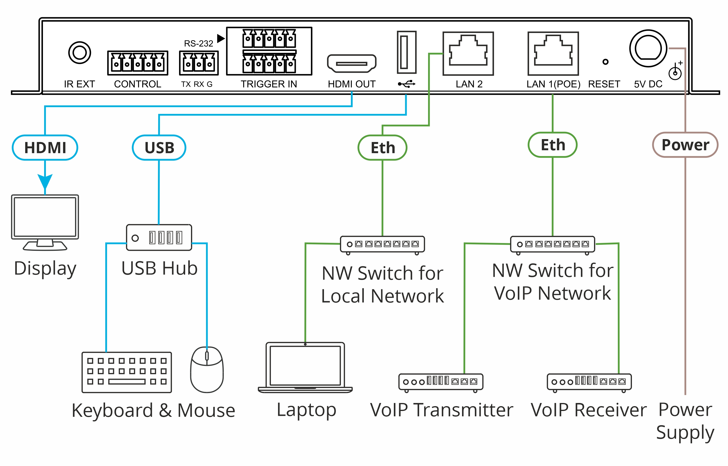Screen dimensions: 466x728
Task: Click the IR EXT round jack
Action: pos(79,53)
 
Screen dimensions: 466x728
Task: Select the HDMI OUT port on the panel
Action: pos(351,63)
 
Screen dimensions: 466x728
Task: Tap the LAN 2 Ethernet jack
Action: pos(468,54)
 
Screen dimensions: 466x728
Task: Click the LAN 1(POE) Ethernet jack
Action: pos(553,54)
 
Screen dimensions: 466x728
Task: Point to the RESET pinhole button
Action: pos(605,62)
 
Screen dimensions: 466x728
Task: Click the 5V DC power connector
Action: pos(648,48)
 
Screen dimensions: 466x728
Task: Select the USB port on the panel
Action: pos(406,52)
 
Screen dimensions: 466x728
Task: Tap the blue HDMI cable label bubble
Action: pos(45,148)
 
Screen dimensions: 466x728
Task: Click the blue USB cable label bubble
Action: pos(159,148)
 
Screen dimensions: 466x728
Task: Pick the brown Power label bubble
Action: pos(685,145)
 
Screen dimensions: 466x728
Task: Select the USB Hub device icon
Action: pos(159,237)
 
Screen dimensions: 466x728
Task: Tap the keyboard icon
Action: pos(127,372)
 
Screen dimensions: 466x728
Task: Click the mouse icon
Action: pos(207,370)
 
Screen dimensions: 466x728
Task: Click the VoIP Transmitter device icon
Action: pos(441,382)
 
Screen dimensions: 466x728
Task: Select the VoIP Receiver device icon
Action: pos(589,382)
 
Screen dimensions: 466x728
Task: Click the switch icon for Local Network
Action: pos(382,244)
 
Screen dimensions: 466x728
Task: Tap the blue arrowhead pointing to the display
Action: pos(45,181)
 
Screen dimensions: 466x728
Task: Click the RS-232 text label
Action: pos(199,44)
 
